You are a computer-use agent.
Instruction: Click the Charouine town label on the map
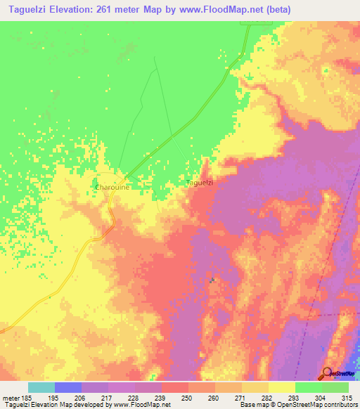(110, 188)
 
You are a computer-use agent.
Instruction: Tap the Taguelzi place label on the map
(199, 183)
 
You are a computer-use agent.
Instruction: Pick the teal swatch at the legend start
(41, 387)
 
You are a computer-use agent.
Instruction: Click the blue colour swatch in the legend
(67, 387)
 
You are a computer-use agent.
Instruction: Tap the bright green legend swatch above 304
(308, 387)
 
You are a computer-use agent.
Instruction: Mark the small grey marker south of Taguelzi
(211, 280)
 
